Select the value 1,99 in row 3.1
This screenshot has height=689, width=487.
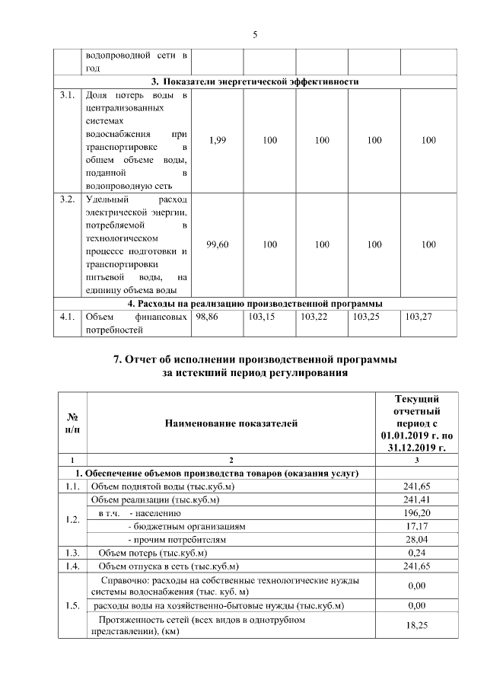(217, 140)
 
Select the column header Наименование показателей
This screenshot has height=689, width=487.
(229, 423)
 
